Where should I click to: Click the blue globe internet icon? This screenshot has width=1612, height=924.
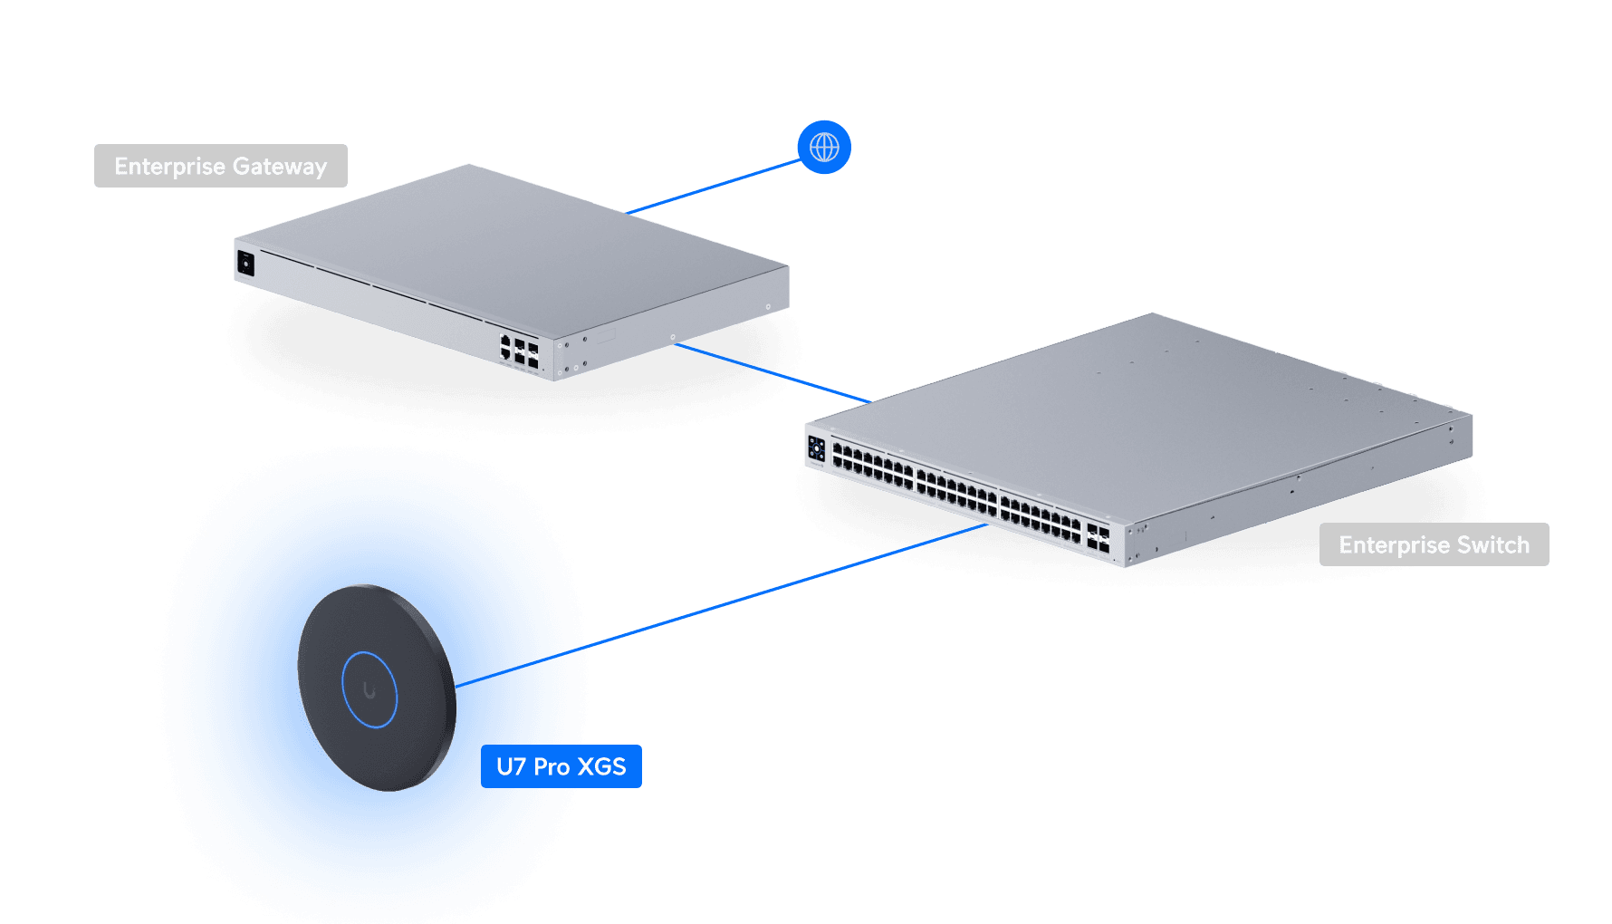[x=824, y=147]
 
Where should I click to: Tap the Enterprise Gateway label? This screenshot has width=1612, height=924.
[x=220, y=166]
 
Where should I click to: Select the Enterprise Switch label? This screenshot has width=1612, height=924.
[x=1434, y=544]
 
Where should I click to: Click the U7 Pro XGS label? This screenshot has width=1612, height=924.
[x=561, y=766]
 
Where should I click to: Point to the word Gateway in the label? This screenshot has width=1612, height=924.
[x=280, y=167]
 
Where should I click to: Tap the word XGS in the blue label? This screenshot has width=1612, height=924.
[x=602, y=766]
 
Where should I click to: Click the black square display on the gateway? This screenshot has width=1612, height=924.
[x=245, y=264]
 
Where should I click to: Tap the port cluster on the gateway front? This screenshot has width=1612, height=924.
[x=519, y=351]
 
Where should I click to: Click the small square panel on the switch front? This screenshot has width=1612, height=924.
[x=816, y=448]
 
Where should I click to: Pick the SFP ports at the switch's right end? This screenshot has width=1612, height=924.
[x=1098, y=537]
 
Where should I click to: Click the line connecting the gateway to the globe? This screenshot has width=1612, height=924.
[x=715, y=187]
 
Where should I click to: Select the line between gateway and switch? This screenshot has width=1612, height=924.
[x=770, y=371]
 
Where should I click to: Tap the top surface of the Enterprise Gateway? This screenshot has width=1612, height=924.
[x=507, y=245]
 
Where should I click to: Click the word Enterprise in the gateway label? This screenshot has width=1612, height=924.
[x=169, y=167]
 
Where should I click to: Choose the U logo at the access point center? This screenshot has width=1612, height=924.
[x=369, y=690]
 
